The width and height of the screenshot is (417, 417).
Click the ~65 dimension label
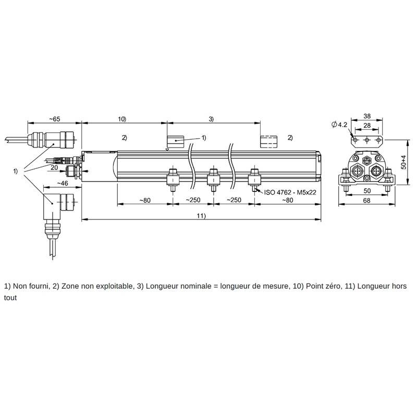55,119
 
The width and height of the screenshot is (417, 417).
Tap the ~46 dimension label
63,183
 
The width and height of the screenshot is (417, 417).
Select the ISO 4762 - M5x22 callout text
290,192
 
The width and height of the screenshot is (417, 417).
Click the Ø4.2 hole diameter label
340,125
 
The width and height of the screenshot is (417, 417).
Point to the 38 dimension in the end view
367,116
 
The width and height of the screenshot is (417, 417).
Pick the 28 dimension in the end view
367,125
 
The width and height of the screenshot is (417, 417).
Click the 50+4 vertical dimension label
403,162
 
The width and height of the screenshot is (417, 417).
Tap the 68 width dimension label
367,201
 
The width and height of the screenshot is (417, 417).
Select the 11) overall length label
201,216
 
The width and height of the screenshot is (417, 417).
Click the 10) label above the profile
122,119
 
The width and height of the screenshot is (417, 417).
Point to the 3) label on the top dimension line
211,119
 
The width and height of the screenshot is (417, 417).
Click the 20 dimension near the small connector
54,167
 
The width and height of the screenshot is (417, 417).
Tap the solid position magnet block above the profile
175,141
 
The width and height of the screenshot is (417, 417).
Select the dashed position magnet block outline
268,141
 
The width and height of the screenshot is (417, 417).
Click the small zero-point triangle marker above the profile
167,150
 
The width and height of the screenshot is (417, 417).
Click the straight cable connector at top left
53,140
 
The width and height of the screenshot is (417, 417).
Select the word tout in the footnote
10,298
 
